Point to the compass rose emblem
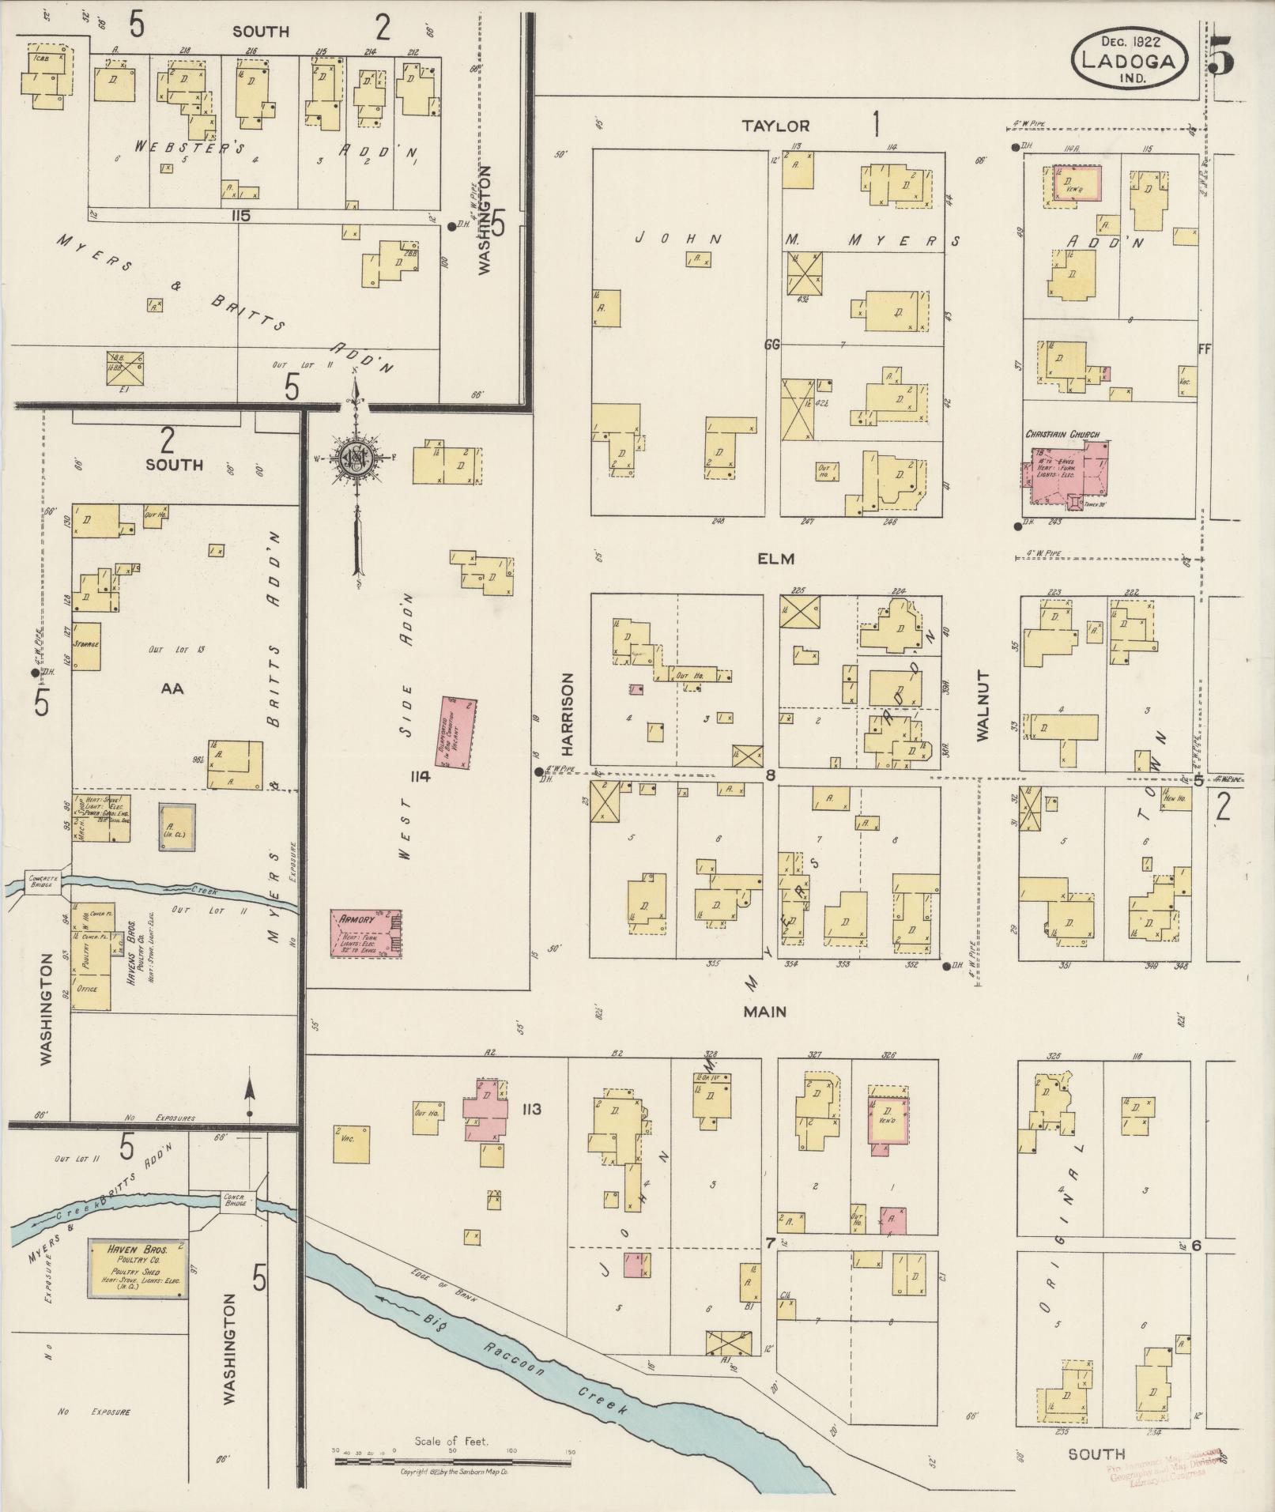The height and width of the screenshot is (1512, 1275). pos(356,458)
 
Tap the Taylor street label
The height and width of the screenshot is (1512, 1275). pos(775,126)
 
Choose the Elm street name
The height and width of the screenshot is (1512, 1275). pos(775,559)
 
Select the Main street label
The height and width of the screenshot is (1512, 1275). pos(764,1011)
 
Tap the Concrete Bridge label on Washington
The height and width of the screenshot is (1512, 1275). pos(40,880)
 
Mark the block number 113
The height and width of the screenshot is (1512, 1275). pos(530,1110)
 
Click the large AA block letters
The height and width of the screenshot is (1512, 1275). pos(172,688)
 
